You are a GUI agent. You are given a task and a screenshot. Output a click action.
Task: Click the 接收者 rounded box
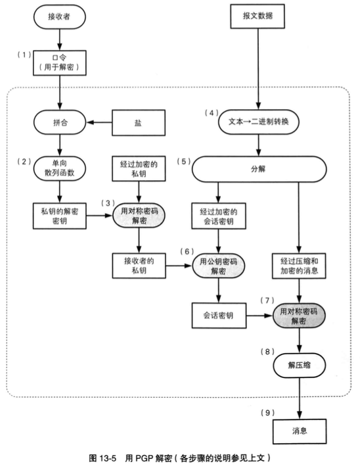60,18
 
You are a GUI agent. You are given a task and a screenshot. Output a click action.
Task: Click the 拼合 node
60,123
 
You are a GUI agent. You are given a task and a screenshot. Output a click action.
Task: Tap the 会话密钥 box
217,316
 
